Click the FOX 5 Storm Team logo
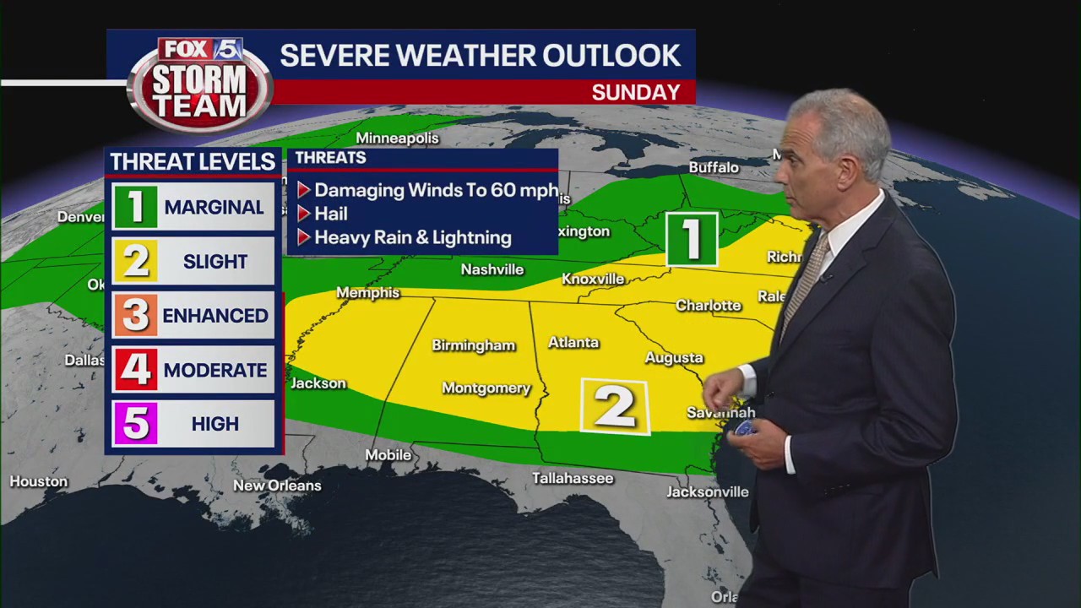click(x=200, y=84)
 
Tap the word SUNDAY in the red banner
click(x=635, y=92)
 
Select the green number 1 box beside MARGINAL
click(x=135, y=207)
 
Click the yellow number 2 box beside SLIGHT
click(x=135, y=261)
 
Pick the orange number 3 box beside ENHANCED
click(x=135, y=315)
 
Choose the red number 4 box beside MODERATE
click(x=135, y=370)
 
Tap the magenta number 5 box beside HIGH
click(x=135, y=424)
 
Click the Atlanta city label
click(x=573, y=343)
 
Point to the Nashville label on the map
click(x=492, y=269)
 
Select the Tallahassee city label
click(x=573, y=478)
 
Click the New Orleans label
click(x=277, y=486)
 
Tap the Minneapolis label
click(x=397, y=138)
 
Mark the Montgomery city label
click(x=486, y=388)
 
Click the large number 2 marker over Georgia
click(x=615, y=407)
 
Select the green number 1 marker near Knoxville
click(x=692, y=240)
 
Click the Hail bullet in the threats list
click(x=330, y=214)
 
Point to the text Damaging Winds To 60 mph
click(x=436, y=190)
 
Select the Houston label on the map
click(x=38, y=481)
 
